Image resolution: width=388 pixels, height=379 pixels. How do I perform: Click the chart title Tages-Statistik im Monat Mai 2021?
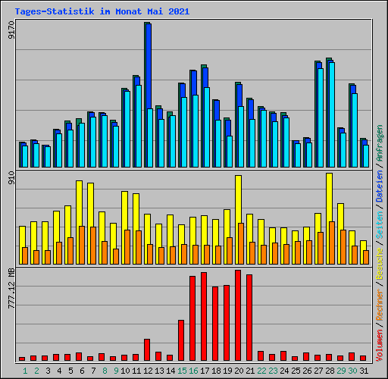tap(102, 11)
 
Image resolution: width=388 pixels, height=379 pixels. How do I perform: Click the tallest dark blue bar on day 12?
tap(149, 66)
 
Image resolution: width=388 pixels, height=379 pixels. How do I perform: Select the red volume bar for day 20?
tap(238, 315)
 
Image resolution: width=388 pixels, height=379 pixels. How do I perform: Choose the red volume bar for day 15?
tap(181, 340)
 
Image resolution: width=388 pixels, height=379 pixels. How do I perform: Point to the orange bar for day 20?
tap(241, 243)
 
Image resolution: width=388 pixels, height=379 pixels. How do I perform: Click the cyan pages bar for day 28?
tap(332, 114)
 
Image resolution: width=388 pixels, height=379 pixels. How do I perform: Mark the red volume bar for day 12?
tap(147, 349)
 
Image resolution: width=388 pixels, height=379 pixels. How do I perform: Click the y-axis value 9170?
tap(11, 30)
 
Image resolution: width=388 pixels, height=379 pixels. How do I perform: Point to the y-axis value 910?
tap(11, 177)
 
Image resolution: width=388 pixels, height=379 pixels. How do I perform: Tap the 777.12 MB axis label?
tap(11, 288)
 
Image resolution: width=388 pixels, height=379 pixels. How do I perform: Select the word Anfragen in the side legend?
tap(379, 143)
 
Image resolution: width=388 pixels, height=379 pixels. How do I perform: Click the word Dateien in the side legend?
tap(379, 186)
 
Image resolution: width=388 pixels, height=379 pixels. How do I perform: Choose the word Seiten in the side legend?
tap(379, 225)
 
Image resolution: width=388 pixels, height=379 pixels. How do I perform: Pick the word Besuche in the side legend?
tap(379, 263)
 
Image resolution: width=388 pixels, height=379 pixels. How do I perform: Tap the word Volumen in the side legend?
tap(379, 345)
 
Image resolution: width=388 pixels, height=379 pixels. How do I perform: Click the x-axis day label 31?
tap(364, 371)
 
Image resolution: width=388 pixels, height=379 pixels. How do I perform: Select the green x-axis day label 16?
tap(193, 371)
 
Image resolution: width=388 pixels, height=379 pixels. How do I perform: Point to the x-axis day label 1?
tap(25, 371)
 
